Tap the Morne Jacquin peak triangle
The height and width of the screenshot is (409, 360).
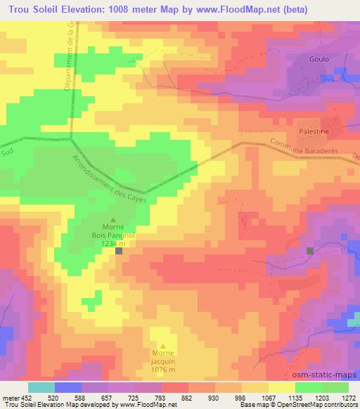[x=163, y=345]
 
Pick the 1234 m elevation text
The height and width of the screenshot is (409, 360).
[x=114, y=242]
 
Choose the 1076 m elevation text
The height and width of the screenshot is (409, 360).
[x=163, y=370]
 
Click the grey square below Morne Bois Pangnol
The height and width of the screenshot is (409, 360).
[x=119, y=250]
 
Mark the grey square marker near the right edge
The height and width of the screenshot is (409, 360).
[x=311, y=250]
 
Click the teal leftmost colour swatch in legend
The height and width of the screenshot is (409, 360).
[x=41, y=387]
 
